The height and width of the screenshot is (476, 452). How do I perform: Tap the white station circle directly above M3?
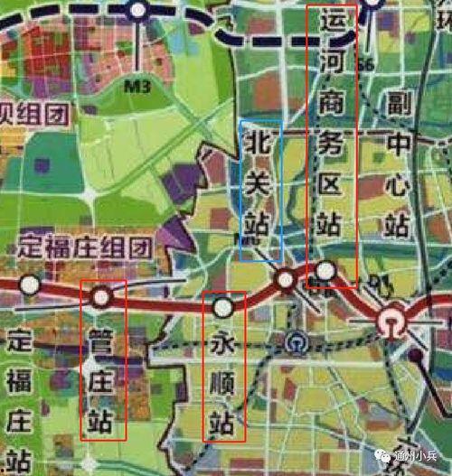coord(137,11)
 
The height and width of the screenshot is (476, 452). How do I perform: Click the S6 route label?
coord(366,65)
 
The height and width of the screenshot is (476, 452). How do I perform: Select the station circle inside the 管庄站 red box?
coord(101,296)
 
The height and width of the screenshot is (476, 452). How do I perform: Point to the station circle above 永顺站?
coord(223,308)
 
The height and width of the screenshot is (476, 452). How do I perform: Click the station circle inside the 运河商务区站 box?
coord(325,271)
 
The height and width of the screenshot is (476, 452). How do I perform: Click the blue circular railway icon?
coord(296,343)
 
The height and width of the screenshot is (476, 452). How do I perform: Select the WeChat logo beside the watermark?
coord(377,455)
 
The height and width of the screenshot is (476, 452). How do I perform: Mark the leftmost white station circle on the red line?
coord(31,285)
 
